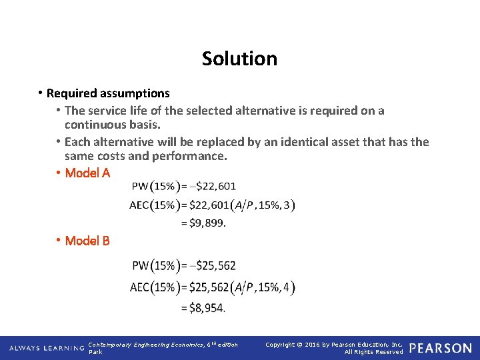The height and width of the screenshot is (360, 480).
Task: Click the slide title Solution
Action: click(239, 59)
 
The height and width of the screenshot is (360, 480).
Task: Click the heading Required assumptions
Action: click(108, 93)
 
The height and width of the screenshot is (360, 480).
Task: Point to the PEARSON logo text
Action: click(440, 348)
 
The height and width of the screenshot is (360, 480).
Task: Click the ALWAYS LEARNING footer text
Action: click(45, 348)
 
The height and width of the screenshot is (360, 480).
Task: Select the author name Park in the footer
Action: click(95, 352)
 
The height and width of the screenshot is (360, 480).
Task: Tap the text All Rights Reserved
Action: click(373, 352)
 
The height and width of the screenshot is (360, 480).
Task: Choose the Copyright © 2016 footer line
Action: click(333, 345)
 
